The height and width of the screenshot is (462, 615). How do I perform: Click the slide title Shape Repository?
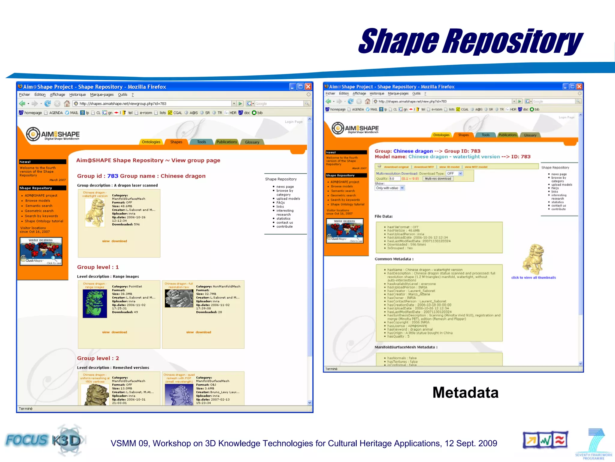pos(470,42)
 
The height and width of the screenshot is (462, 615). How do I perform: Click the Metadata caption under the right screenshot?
pos(465,393)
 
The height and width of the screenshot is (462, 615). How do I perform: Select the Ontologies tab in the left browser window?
pos(151,142)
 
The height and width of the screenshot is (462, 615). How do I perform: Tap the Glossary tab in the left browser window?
pos(252,142)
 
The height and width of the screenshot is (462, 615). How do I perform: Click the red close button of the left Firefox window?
pos(308,87)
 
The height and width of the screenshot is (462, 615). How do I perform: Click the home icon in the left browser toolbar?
pos(67,103)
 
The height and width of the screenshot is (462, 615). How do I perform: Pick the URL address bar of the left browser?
pos(153,103)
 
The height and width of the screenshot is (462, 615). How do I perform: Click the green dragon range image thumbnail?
pos(95,303)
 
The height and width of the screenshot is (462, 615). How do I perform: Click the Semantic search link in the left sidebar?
pos(39,206)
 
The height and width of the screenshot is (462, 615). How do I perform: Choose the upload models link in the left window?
pos(288,199)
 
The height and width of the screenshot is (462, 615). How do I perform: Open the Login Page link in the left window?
pos(294,122)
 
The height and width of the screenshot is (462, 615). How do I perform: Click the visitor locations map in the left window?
pos(41,251)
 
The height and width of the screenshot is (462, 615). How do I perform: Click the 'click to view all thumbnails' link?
pos(533,278)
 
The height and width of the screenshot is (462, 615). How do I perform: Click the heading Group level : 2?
pos(98,358)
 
